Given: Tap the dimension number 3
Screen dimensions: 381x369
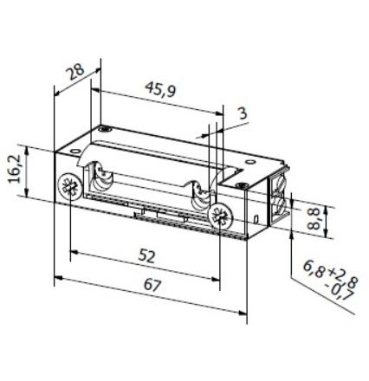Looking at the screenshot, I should (241, 113).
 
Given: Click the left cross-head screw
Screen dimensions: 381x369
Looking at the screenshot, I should (68, 186).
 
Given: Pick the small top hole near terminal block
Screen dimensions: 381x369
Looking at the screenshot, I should (243, 182).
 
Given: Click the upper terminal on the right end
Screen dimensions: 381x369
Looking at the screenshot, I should (278, 184).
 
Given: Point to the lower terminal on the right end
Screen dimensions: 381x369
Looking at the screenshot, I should (278, 206).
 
